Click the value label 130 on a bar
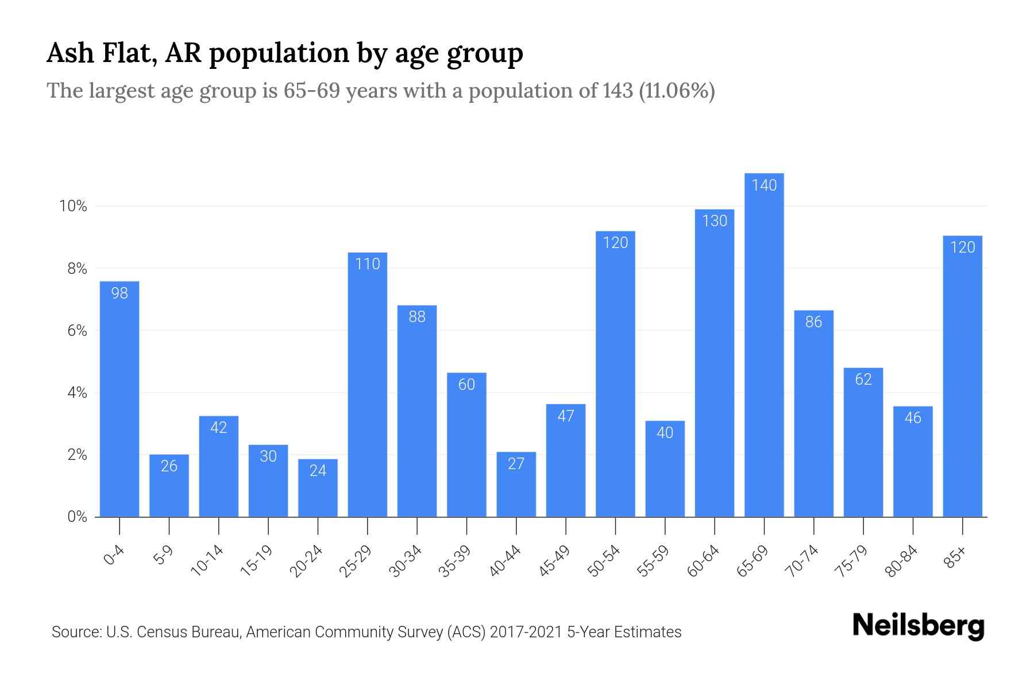(x=715, y=221)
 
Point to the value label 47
(x=566, y=416)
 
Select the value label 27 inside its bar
(x=516, y=464)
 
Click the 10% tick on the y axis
(x=73, y=206)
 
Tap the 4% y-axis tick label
(x=77, y=393)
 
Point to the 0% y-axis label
(x=77, y=517)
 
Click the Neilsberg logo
(x=918, y=626)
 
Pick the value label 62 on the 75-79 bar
(x=863, y=380)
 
